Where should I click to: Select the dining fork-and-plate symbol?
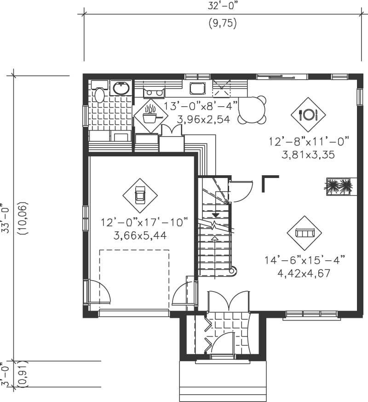click(x=308, y=114)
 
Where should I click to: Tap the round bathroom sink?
click(x=121, y=88)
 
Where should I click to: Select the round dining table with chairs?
click(x=252, y=110)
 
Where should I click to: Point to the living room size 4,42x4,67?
click(x=304, y=272)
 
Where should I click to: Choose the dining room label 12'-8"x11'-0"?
click(x=309, y=141)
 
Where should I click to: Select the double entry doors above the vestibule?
click(x=229, y=302)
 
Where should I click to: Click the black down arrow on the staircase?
click(x=215, y=215)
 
